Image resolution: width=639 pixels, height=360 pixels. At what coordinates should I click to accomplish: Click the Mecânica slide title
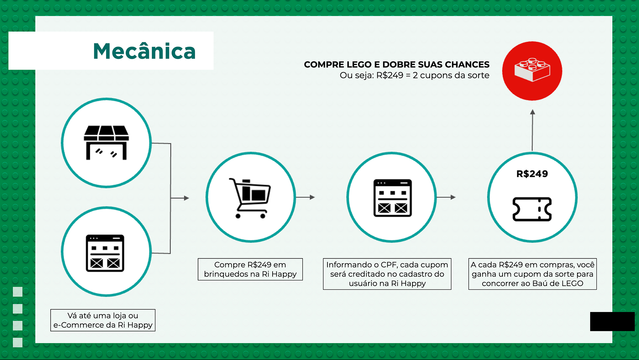pos(144,51)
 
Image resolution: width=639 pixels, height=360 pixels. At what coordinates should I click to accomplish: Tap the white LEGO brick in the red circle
pos(532,70)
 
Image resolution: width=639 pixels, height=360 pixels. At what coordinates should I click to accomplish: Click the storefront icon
pos(106,143)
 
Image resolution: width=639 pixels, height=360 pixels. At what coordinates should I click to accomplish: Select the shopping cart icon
pos(250,198)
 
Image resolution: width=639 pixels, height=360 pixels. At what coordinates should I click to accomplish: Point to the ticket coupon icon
pos(532,209)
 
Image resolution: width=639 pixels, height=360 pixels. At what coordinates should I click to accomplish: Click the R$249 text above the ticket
pos(532,174)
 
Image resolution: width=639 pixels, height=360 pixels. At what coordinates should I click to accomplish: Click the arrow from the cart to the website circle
pos(305,197)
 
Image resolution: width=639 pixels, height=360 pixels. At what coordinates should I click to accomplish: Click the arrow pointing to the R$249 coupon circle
pos(446,197)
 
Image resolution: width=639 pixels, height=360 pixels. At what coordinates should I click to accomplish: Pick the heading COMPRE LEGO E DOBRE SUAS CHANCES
pos(396,65)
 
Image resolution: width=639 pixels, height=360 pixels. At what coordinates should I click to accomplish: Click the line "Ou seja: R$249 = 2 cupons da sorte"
pos(414,75)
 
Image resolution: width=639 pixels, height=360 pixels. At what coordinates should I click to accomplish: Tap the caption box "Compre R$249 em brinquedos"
pos(250,269)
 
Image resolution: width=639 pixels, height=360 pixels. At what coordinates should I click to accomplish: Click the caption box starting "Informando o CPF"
pos(387,274)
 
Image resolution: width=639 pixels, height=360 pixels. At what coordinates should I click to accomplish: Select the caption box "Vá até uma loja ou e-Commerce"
pos(103,320)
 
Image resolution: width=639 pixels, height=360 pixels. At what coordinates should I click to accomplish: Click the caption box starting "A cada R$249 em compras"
pos(532,274)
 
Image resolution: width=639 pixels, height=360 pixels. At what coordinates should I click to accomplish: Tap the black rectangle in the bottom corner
pos(612,321)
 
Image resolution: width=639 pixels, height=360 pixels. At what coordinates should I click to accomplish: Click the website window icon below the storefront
pos(105,253)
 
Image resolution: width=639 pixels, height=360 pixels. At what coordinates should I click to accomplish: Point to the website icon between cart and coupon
pos(392,198)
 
